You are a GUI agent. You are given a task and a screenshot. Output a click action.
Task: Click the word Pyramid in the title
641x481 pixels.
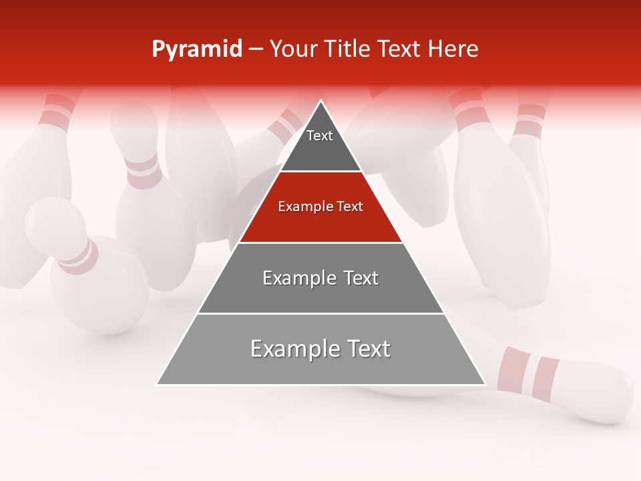[197, 49]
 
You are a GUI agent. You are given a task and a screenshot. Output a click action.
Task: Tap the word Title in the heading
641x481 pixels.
[350, 49]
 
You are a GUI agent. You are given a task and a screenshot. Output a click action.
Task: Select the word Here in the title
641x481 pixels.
[453, 49]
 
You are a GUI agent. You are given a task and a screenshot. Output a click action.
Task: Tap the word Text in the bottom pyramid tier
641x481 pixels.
[364, 349]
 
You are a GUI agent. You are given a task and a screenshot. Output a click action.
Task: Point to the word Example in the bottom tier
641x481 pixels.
[292, 349]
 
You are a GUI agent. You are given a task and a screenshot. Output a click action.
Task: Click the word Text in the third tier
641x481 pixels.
[361, 278]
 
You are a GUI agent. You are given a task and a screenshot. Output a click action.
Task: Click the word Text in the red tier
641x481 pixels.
[349, 207]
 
